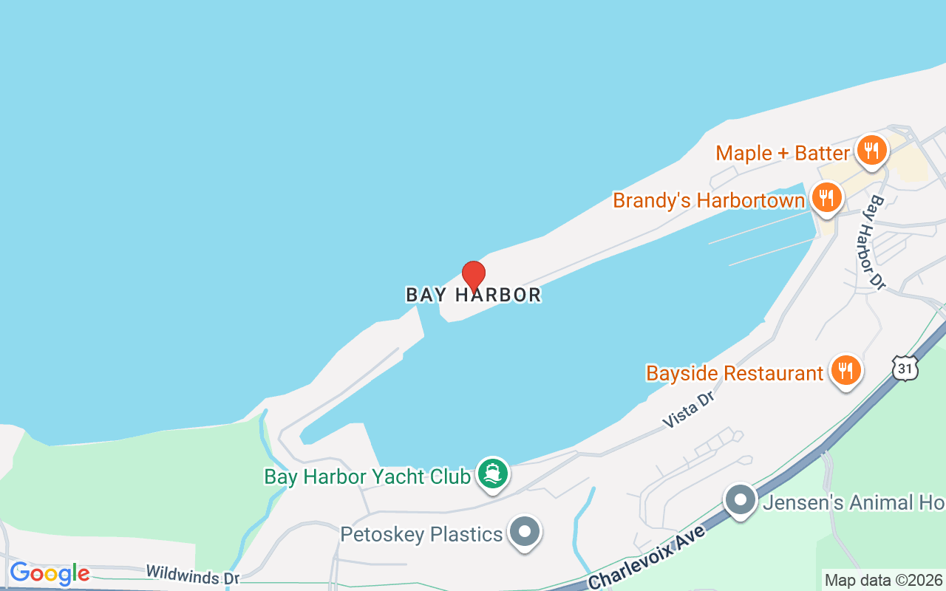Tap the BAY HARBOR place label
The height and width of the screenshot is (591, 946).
point(474,295)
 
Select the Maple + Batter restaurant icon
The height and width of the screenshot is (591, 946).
point(872,151)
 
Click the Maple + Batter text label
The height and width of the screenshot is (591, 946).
point(783,154)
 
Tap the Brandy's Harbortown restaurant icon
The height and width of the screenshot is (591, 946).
point(826,199)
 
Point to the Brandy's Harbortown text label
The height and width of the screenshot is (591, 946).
point(709,201)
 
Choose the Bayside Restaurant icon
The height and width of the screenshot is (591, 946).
point(845,371)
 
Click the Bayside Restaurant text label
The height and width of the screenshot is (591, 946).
point(735,373)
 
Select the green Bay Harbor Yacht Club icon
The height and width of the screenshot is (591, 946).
point(491,474)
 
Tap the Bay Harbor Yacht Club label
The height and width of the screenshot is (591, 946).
point(367,476)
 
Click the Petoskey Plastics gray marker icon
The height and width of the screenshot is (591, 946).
point(525,531)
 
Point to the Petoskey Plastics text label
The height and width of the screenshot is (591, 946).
point(421,533)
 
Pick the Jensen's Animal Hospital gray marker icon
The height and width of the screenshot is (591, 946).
point(740,500)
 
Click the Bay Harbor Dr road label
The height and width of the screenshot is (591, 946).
point(877,242)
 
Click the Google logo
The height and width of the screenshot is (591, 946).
point(49,573)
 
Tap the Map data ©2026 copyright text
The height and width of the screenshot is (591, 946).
point(884,581)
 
